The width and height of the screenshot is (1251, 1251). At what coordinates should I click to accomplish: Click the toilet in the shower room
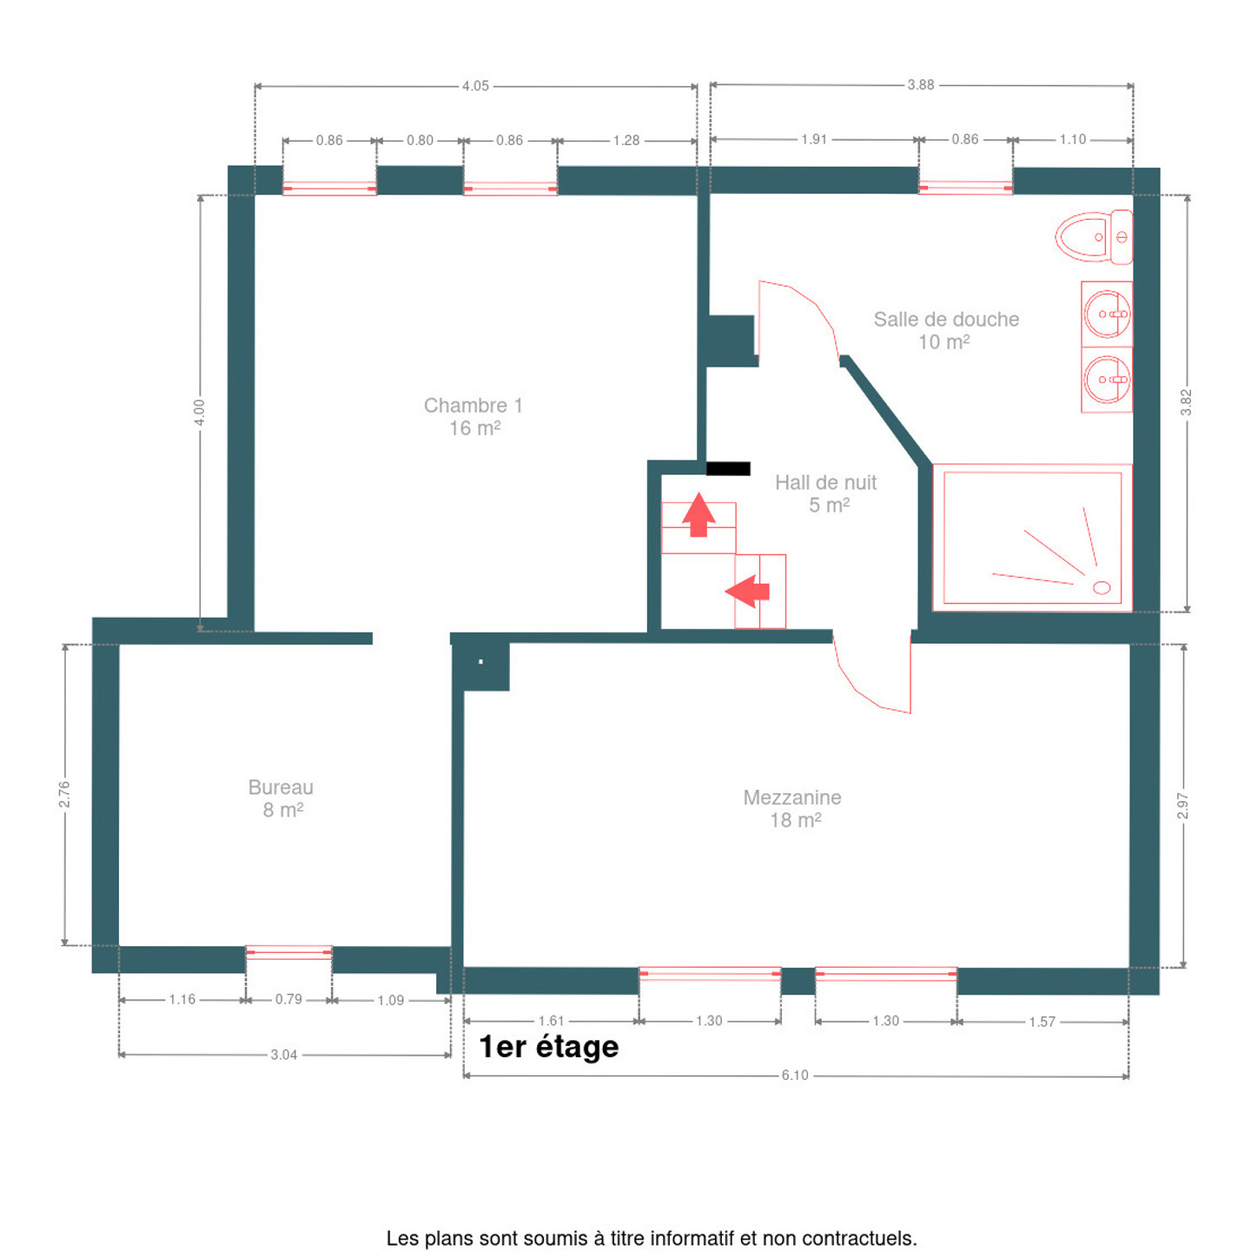tap(1093, 236)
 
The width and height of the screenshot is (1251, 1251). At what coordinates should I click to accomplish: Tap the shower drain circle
tap(1101, 587)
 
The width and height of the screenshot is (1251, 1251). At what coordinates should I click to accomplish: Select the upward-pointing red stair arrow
tap(698, 515)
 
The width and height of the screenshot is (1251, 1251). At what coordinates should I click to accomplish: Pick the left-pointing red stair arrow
tap(747, 592)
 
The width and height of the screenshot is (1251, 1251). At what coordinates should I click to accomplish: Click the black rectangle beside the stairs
tap(728, 468)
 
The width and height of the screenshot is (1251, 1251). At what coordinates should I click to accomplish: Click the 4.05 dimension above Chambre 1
tap(475, 86)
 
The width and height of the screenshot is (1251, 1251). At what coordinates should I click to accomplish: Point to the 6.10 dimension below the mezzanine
tap(795, 1075)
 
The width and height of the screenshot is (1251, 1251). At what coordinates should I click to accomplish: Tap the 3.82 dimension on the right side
tap(1186, 402)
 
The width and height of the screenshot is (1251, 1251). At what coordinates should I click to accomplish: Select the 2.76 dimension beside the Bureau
tap(64, 794)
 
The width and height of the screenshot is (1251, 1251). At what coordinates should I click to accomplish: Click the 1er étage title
tap(548, 1047)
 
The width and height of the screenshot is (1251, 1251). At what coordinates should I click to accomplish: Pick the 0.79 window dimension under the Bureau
tap(288, 999)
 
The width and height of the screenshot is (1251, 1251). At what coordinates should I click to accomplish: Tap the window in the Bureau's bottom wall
tap(288, 952)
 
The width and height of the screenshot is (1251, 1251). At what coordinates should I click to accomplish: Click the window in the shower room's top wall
tap(964, 188)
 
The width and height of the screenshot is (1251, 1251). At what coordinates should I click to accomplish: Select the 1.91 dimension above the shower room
tap(813, 139)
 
